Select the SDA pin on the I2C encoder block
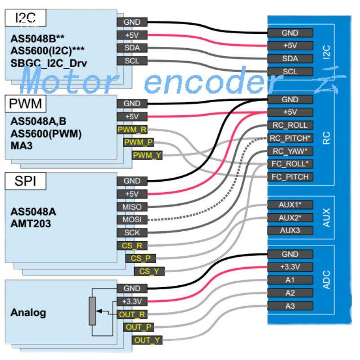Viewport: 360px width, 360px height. click(131, 48)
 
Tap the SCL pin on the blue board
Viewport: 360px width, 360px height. click(290, 71)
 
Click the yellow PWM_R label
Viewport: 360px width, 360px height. click(131, 130)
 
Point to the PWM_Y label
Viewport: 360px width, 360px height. click(147, 155)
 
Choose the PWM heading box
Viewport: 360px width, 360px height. click(25, 104)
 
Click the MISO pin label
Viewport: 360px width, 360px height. click(131, 207)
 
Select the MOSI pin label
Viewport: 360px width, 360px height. click(131, 220)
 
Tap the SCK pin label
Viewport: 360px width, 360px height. click(131, 233)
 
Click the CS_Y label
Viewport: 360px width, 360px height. click(149, 271)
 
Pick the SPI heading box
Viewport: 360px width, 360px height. click(25, 181)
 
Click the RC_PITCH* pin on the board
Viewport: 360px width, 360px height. click(290, 138)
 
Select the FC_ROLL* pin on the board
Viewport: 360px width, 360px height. click(290, 163)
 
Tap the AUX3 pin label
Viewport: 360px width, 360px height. click(290, 230)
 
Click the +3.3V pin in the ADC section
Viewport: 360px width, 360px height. click(290, 267)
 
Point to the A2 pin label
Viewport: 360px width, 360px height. click(290, 293)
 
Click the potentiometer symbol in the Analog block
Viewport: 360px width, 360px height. click(92, 310)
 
